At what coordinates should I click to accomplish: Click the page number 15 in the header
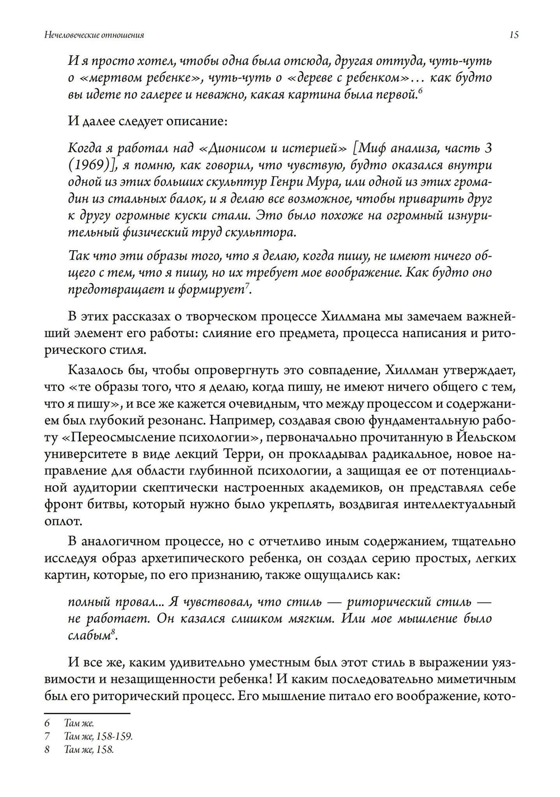(x=514, y=35)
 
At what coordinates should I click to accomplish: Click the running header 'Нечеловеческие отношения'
(x=94, y=35)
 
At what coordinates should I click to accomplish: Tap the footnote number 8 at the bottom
(x=47, y=749)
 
